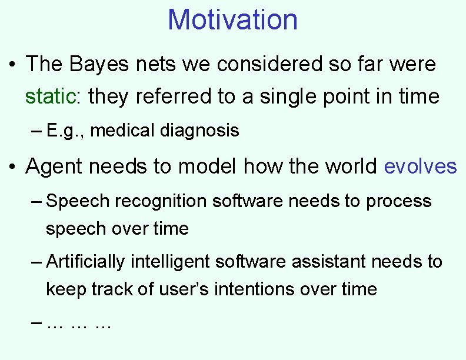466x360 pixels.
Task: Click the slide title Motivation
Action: point(232,19)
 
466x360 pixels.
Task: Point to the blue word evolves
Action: point(420,166)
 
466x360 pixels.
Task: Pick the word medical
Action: point(124,130)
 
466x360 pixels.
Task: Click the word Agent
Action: point(58,166)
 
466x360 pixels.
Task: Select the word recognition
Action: point(161,201)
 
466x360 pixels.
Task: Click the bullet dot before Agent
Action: point(14,167)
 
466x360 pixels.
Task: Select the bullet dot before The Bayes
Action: point(14,64)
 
